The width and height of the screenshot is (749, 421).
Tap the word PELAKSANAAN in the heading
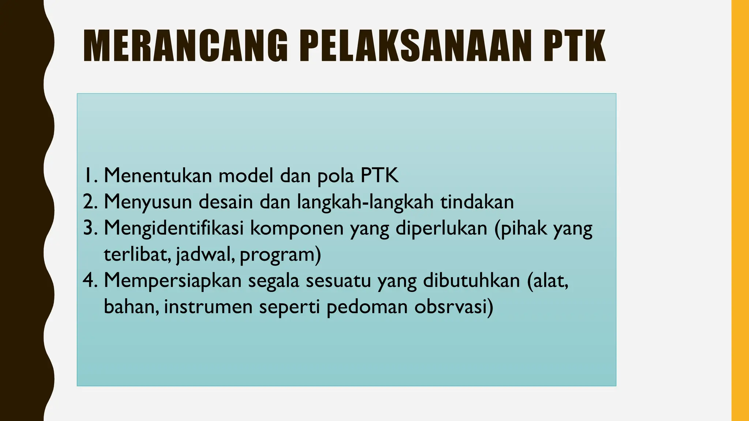(416, 46)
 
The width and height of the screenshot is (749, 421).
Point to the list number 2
(89, 202)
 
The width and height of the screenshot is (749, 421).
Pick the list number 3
(89, 228)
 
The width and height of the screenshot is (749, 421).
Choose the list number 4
(89, 281)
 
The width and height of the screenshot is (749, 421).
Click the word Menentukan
(158, 175)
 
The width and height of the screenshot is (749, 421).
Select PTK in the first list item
(379, 175)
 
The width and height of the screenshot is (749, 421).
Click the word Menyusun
(148, 202)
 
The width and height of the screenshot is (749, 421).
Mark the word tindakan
(477, 202)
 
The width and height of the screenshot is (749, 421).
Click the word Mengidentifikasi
(174, 229)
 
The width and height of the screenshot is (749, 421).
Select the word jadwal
(205, 255)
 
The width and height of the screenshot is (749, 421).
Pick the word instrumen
(208, 307)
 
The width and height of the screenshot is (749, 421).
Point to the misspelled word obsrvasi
(453, 307)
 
